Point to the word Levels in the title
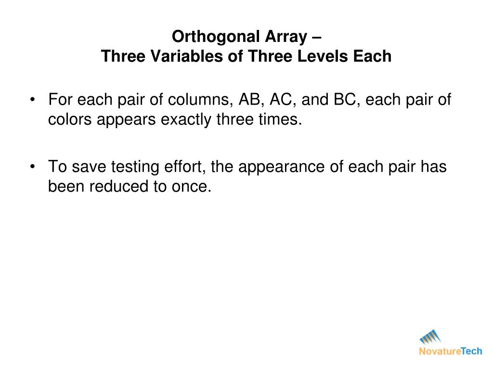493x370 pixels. point(321,56)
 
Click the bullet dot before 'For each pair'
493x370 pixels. point(32,100)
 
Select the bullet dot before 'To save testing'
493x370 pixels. point(32,167)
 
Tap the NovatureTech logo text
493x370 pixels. point(450,351)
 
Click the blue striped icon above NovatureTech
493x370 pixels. point(430,336)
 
